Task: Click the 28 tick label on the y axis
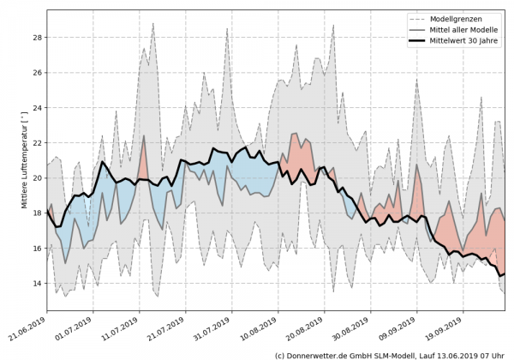click(x=38, y=38)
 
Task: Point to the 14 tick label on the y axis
click(x=38, y=284)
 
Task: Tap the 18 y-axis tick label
click(x=38, y=213)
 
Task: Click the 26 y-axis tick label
click(x=38, y=73)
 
